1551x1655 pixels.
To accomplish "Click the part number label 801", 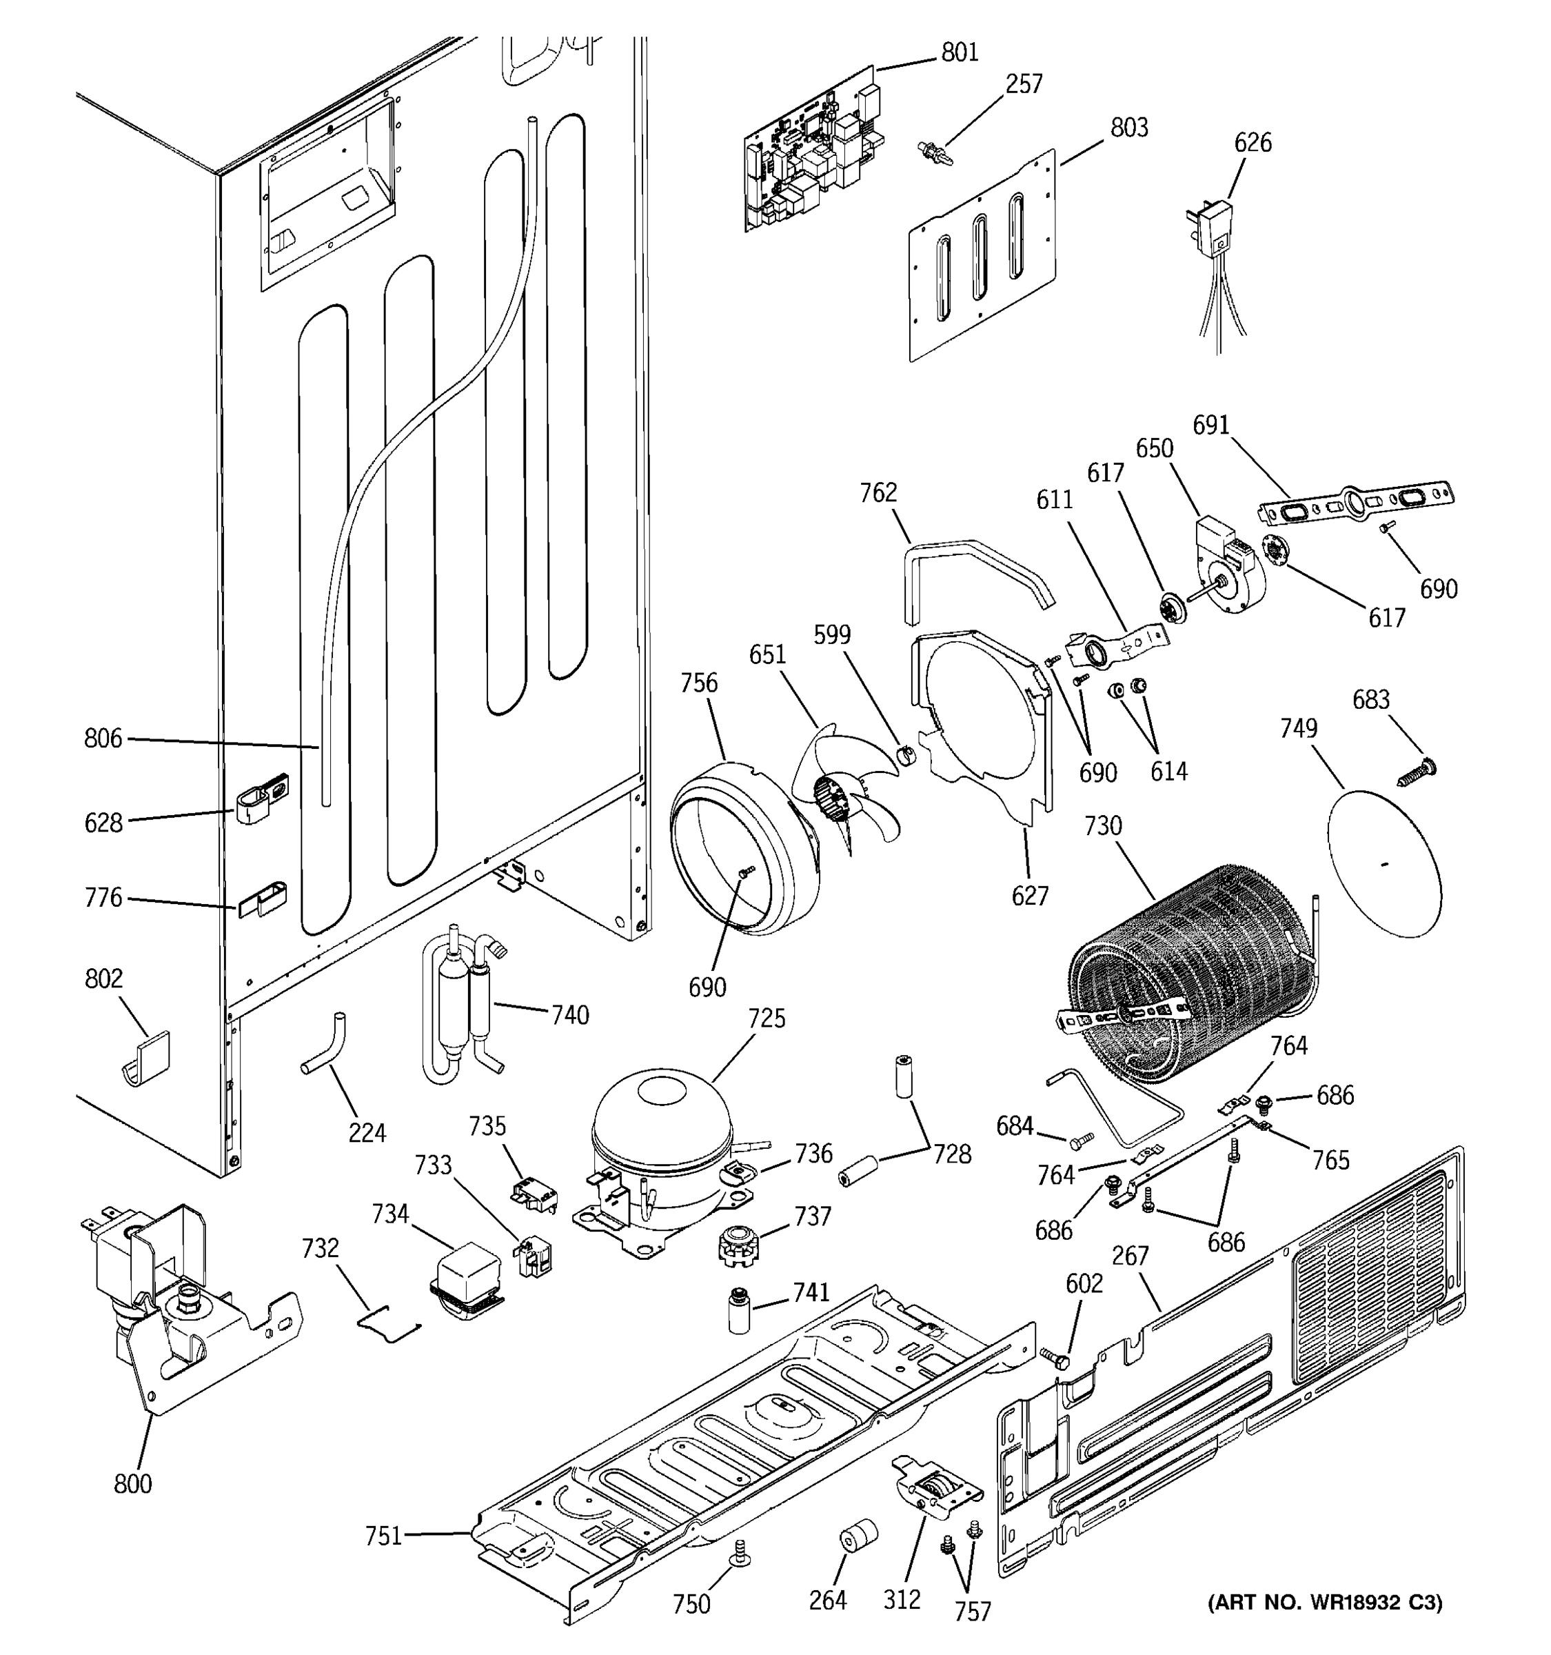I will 960,52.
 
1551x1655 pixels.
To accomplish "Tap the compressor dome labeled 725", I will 662,1116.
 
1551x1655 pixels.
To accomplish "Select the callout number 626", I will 1253,143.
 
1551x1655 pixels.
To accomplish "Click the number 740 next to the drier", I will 570,1015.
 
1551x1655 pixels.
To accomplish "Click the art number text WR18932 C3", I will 1325,1603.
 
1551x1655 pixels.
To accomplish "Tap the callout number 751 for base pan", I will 383,1536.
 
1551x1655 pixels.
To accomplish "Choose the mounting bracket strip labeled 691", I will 1357,503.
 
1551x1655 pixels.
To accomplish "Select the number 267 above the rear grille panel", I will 1130,1256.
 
